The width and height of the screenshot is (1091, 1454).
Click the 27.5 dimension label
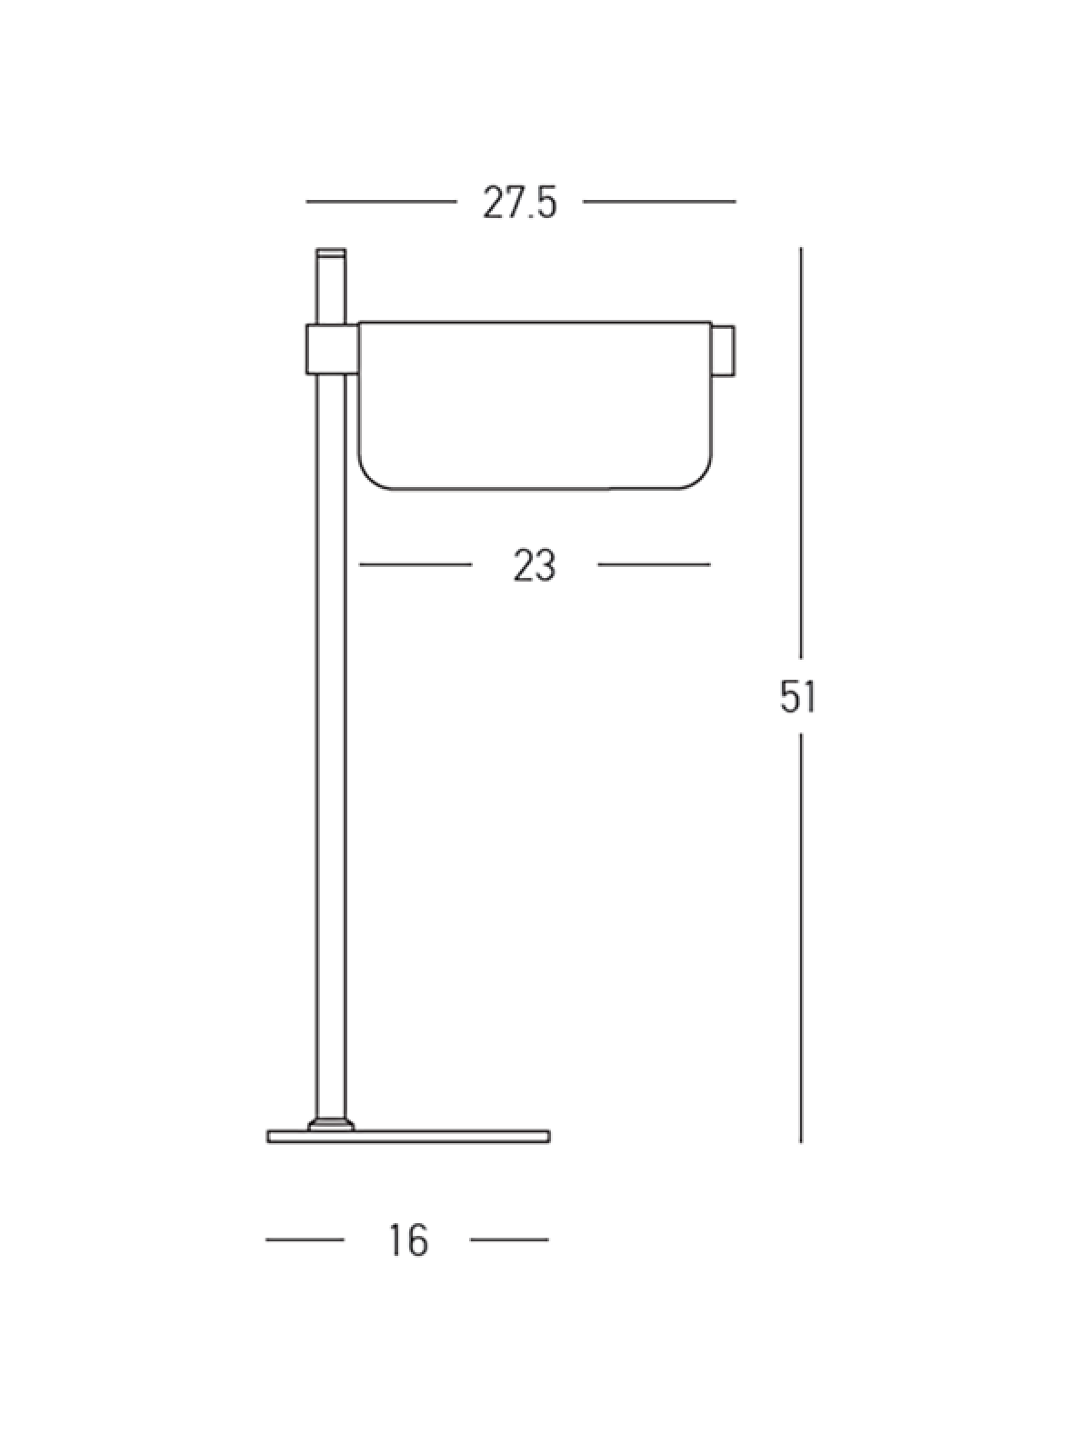pos(520,202)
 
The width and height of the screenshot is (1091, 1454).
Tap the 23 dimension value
pos(535,566)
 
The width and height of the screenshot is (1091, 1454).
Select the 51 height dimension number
pos(798,697)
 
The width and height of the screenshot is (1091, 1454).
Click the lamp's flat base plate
pos(409,1137)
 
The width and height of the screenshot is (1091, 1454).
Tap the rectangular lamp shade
pos(535,406)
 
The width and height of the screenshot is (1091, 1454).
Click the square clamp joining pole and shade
pos(332,349)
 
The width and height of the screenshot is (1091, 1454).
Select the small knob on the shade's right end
pos(724,351)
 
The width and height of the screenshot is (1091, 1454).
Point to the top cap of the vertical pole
pos(331,253)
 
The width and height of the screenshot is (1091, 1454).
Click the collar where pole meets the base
pos(331,1123)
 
